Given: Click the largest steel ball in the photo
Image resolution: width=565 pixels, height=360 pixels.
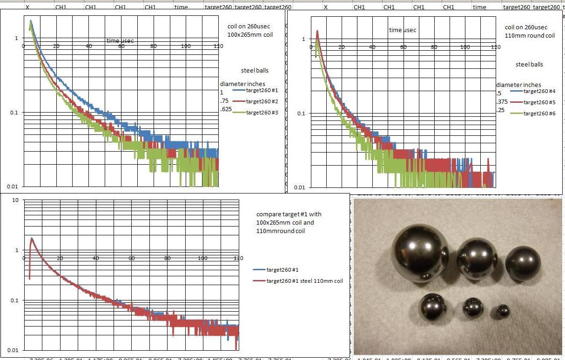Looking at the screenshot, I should [420, 253].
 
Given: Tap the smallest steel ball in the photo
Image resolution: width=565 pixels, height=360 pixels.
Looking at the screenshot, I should [502, 311].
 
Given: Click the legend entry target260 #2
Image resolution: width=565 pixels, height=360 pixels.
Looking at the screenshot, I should [262, 101].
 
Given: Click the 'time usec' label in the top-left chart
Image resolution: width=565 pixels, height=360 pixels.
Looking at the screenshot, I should [120, 40].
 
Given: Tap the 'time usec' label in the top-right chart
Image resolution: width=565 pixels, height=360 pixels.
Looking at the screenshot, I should [403, 30].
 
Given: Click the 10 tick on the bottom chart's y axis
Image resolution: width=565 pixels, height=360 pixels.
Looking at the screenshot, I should [15, 200].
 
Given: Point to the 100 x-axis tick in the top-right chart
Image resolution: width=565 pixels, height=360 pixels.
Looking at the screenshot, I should [465, 47].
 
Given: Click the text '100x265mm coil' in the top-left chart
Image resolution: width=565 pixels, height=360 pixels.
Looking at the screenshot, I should [250, 35].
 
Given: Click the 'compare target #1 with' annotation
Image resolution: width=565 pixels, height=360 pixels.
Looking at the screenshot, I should [289, 214].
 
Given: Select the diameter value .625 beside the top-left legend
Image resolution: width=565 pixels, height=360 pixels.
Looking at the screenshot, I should [226, 110].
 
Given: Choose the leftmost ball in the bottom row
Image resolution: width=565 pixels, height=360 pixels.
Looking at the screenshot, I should [432, 307].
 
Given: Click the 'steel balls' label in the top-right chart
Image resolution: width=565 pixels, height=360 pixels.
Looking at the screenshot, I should [529, 64].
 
